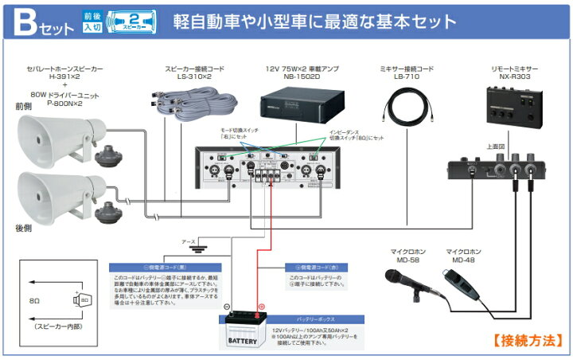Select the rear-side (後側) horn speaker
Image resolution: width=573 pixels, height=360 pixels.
tap(59, 194)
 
